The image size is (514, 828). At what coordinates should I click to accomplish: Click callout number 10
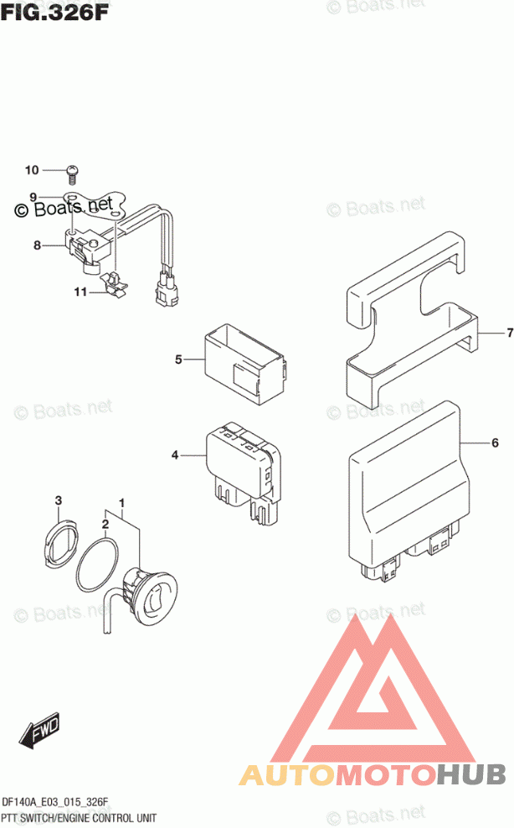32,171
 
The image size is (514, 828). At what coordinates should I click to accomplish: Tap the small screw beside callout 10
71,173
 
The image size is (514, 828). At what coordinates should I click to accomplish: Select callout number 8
37,246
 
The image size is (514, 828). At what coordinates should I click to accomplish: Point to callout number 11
80,292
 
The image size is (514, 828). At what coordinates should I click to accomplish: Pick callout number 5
178,360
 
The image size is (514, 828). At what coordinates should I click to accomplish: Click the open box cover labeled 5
244,360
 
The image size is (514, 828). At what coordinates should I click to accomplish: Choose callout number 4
175,455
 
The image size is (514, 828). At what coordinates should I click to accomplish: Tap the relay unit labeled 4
244,469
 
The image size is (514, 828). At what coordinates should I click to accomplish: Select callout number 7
508,334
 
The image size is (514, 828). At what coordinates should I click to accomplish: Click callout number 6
495,442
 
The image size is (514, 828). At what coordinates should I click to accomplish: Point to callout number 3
59,502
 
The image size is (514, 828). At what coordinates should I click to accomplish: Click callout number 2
105,525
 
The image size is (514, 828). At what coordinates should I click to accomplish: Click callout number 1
122,504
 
